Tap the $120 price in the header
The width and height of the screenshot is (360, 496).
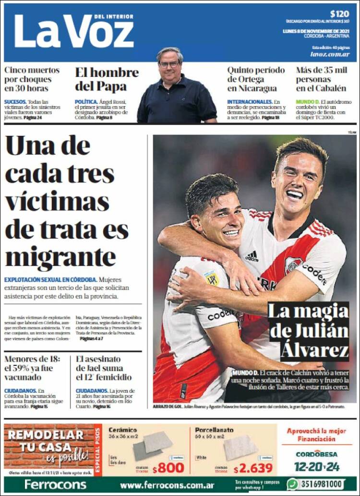(x=340, y=14)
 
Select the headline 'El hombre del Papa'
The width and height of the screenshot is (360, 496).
(x=107, y=79)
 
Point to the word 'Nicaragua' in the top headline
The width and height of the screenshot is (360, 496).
(x=252, y=88)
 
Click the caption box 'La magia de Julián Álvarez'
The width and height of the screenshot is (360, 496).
(x=308, y=331)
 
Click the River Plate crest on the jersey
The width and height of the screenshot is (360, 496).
(x=292, y=265)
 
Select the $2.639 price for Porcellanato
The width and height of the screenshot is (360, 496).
(x=253, y=468)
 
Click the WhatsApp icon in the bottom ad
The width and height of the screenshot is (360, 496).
(x=292, y=484)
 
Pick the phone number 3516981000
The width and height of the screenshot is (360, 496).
(x=322, y=484)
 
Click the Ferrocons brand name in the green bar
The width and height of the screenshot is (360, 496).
(x=55, y=484)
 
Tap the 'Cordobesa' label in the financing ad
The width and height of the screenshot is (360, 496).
(x=316, y=454)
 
